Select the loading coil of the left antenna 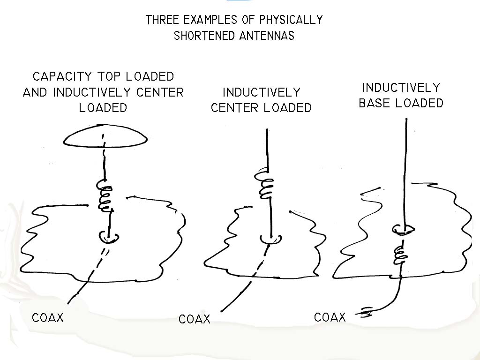(x=106, y=197)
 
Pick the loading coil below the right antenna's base (x=399, y=254)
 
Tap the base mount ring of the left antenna (x=109, y=237)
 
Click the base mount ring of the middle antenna (x=271, y=240)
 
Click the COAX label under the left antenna (x=47, y=318)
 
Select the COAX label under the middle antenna (x=195, y=320)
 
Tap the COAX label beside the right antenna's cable (x=330, y=317)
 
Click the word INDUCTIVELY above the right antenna (x=401, y=88)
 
